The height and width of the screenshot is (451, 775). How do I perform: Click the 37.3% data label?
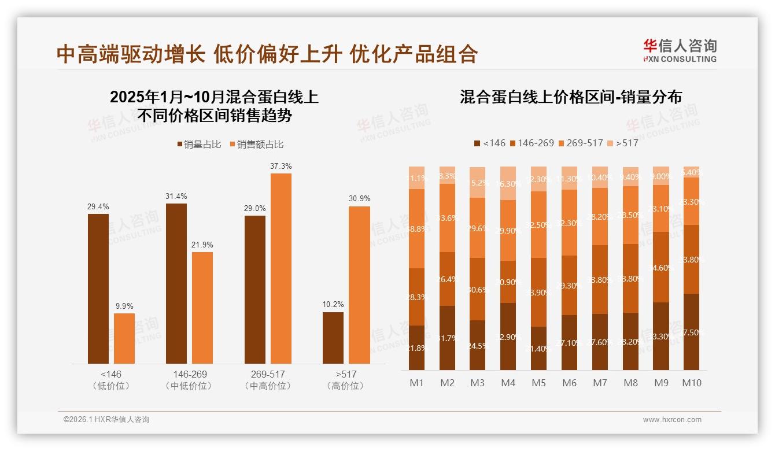click(x=281, y=167)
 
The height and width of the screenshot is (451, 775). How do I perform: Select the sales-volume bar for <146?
click(x=98, y=289)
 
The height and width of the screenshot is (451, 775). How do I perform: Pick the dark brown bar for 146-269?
click(x=176, y=283)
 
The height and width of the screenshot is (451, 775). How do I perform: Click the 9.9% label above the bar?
click(x=124, y=306)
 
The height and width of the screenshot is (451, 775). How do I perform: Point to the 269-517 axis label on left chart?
click(x=268, y=374)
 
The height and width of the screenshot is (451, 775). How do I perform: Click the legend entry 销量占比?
click(x=198, y=145)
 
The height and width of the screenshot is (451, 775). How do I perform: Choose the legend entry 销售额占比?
click(x=256, y=145)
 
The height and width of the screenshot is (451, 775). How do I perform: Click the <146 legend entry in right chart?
click(x=489, y=143)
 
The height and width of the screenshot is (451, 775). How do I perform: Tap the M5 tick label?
click(x=539, y=383)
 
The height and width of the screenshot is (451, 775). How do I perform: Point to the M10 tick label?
click(x=691, y=383)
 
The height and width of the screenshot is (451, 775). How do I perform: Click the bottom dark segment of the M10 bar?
click(x=691, y=332)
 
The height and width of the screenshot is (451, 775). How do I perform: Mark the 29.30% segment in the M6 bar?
click(x=570, y=285)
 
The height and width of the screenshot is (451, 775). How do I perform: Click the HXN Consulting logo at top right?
click(x=680, y=50)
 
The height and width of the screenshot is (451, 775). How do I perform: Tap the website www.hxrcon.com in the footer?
click(x=672, y=420)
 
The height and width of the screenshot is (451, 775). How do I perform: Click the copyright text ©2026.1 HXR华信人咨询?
click(x=106, y=420)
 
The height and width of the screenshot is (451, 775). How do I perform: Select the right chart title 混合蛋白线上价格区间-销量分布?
click(x=570, y=97)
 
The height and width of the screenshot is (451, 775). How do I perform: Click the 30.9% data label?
click(x=359, y=199)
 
